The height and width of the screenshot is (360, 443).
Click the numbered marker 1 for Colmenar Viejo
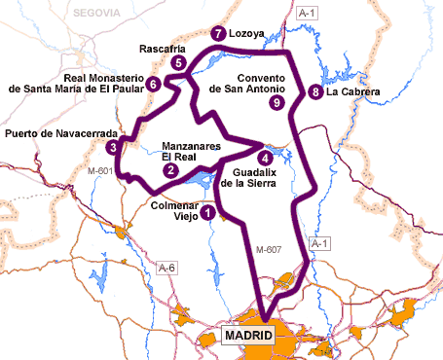(208, 211)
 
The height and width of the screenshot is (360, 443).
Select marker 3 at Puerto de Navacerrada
(114, 148)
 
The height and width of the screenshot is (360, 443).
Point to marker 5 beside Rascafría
(178, 63)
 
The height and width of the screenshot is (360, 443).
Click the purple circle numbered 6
(154, 85)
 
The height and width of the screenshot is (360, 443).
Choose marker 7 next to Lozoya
(216, 33)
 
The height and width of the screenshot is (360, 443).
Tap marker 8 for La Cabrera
(314, 92)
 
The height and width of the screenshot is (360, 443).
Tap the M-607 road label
(268, 250)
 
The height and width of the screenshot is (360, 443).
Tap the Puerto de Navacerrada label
(61, 133)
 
